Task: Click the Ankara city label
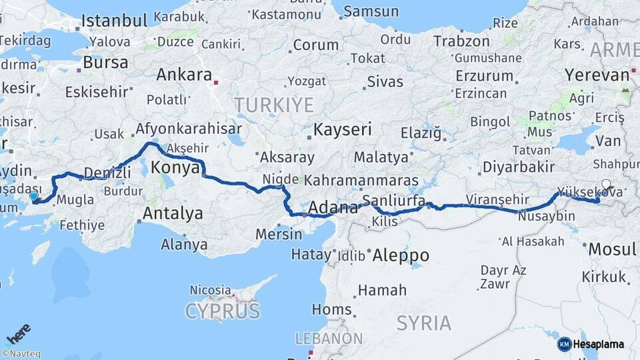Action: click(x=184, y=75)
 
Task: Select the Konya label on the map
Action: click(x=176, y=167)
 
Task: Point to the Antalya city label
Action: click(x=173, y=214)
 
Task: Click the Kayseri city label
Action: click(x=343, y=129)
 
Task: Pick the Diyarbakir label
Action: click(x=519, y=166)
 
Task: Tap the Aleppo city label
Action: click(x=401, y=255)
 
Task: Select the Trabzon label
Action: click(x=461, y=41)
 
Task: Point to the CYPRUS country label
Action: click(x=222, y=311)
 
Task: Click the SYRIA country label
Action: click(x=423, y=323)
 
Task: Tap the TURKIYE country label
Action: click(x=273, y=105)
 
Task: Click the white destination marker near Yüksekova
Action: click(x=605, y=185)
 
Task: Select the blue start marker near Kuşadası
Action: click(x=34, y=197)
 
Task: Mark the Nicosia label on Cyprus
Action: click(x=210, y=290)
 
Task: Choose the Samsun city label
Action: click(x=371, y=11)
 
